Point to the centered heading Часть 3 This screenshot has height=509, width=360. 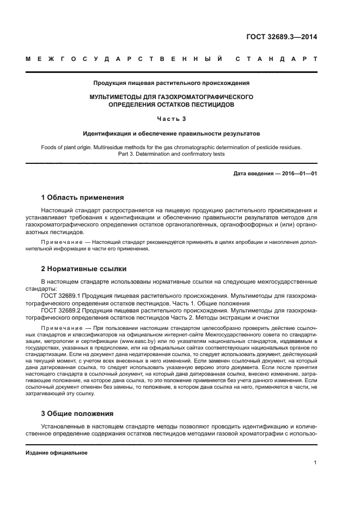coord(171,119)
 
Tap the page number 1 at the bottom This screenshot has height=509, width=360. coord(315,463)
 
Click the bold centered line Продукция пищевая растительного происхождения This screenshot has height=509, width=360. coord(171,83)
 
